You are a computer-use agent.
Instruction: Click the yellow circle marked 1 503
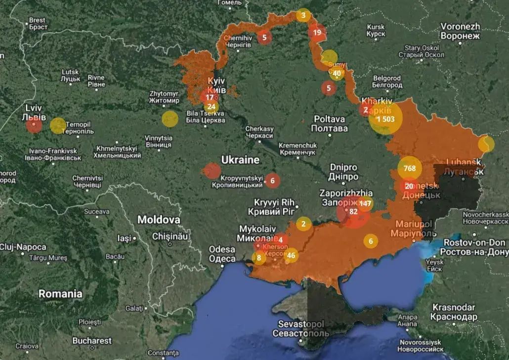385,119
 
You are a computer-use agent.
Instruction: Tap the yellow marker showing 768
410,168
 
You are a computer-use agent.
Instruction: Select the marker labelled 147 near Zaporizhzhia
365,203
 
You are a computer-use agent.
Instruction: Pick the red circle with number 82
353,211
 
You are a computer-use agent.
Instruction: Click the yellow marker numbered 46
291,255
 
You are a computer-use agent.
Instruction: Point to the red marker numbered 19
317,33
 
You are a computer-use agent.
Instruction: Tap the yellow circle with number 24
212,107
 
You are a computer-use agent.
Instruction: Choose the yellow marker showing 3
303,15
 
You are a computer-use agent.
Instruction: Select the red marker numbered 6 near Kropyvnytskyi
272,181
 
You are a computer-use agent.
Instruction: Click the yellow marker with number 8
258,257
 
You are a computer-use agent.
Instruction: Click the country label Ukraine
240,160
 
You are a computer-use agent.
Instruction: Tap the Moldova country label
159,220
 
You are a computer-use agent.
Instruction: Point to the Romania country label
60,294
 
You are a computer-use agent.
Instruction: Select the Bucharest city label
92,341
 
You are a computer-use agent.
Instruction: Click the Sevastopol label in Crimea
301,328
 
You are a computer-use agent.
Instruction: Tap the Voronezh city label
460,31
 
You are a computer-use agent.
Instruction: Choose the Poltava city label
330,124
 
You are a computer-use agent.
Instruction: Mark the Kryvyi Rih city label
274,207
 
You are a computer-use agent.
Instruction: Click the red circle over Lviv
34,125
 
